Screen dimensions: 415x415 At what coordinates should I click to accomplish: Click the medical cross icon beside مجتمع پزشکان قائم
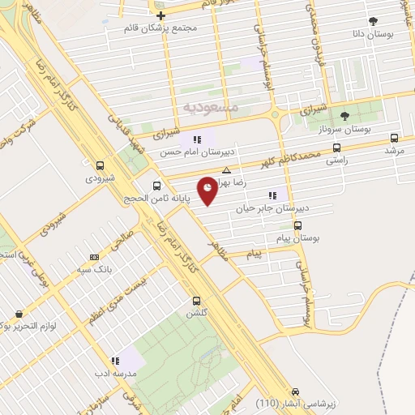click(x=160, y=15)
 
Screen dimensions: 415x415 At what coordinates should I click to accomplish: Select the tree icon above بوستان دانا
click(x=373, y=22)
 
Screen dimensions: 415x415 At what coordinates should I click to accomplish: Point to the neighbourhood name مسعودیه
click(x=209, y=106)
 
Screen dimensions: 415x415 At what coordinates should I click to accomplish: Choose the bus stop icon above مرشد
click(x=395, y=139)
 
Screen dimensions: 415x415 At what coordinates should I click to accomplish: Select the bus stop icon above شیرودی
click(x=100, y=163)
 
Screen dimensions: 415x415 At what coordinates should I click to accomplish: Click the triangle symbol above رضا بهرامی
click(x=226, y=170)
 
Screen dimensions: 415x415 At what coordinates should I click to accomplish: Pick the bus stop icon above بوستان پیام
click(x=298, y=226)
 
